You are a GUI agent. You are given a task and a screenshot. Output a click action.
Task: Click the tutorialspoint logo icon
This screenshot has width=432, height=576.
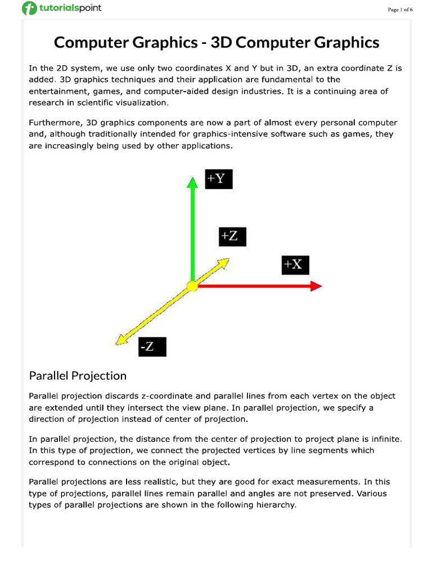point(29,9)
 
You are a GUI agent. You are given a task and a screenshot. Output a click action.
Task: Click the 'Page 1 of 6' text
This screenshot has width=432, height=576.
point(400,10)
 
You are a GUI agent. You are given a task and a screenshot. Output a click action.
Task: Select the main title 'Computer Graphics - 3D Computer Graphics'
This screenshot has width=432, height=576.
point(216,42)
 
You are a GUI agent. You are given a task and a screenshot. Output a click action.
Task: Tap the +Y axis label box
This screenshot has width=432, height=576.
point(218,179)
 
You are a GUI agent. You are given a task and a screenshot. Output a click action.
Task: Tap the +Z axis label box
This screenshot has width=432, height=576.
point(232,236)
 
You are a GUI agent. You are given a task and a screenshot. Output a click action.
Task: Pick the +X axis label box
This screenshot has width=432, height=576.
point(295,265)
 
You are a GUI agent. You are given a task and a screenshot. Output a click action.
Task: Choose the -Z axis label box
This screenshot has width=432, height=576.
point(152,346)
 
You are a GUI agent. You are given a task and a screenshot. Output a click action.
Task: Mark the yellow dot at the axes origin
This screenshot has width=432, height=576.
point(192,286)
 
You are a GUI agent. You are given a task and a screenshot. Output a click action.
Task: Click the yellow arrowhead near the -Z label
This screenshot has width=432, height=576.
point(119,340)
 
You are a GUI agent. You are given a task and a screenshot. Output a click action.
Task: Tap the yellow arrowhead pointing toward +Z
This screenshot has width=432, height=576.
point(223,263)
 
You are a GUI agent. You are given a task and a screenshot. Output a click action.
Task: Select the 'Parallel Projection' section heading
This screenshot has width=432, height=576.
point(78,375)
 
